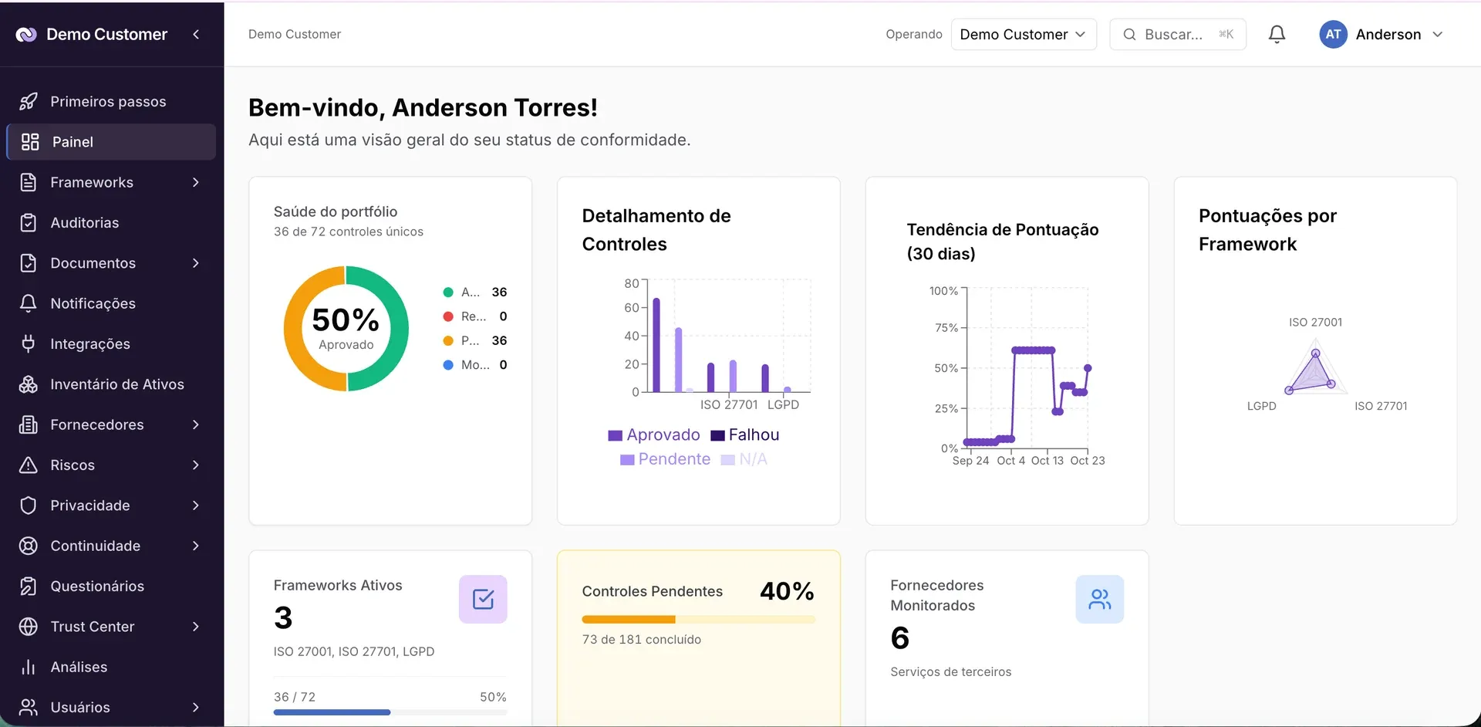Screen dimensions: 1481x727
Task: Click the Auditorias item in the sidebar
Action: pos(84,223)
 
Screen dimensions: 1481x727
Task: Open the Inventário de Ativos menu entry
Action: pos(116,384)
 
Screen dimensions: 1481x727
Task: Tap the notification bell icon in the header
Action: pos(1277,35)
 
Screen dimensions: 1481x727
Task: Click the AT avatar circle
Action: pos(1333,35)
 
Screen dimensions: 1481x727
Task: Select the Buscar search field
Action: pos(1177,35)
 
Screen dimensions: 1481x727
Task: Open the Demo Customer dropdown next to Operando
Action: pos(1023,35)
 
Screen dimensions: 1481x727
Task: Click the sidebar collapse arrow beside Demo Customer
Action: pos(196,34)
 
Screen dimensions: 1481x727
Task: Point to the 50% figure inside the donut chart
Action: pos(346,320)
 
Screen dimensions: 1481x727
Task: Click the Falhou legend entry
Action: pos(745,435)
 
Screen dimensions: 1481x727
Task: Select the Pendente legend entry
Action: pos(666,459)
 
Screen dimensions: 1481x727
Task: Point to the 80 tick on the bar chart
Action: pos(632,283)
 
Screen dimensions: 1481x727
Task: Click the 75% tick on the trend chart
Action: pos(946,328)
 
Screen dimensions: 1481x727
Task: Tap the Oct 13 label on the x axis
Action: pos(1047,461)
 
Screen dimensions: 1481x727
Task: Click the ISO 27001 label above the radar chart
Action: pos(1315,323)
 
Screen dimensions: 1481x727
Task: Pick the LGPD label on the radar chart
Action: pos(1261,406)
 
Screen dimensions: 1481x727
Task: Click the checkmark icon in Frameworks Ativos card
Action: pos(483,599)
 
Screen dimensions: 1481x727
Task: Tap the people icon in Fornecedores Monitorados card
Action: pos(1100,599)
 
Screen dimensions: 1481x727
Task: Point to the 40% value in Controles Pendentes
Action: pos(787,591)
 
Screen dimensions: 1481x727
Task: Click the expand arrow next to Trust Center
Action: pos(196,627)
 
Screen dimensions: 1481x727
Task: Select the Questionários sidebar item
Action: pos(97,587)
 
